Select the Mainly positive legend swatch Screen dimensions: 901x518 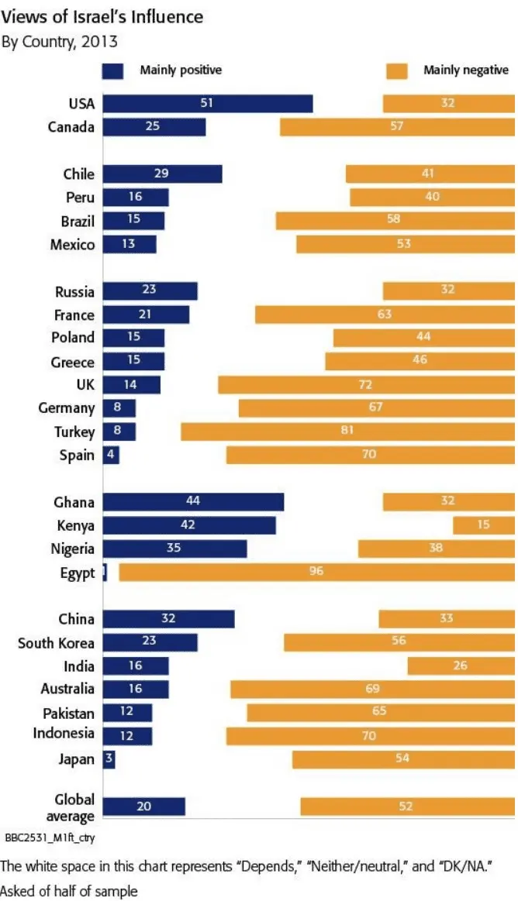click(x=113, y=71)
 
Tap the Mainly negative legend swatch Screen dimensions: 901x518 click(x=396, y=71)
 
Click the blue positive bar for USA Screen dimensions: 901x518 click(x=207, y=103)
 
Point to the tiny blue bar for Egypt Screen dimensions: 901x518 click(x=105, y=573)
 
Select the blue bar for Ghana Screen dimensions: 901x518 click(x=193, y=502)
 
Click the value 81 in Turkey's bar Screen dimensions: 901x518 click(x=347, y=432)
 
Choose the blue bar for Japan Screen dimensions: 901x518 click(x=109, y=759)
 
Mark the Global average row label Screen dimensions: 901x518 click(x=74, y=806)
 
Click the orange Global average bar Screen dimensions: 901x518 click(x=407, y=806)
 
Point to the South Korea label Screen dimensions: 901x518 click(x=57, y=643)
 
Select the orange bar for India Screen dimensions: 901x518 click(x=461, y=665)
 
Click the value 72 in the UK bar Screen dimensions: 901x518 click(x=366, y=385)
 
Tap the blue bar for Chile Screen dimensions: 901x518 click(x=162, y=174)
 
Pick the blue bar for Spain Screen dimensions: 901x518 click(x=111, y=455)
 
